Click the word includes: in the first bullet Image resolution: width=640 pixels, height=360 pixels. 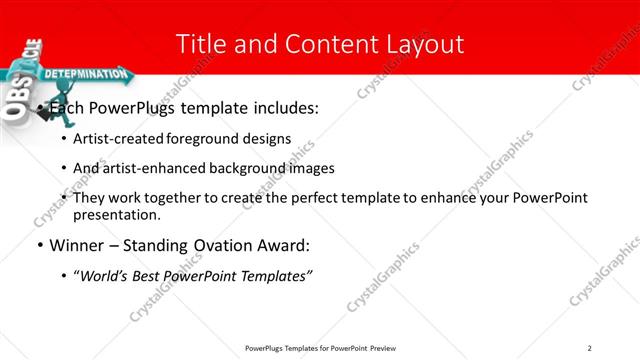(x=284, y=108)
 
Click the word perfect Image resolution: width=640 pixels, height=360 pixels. (x=303, y=198)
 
